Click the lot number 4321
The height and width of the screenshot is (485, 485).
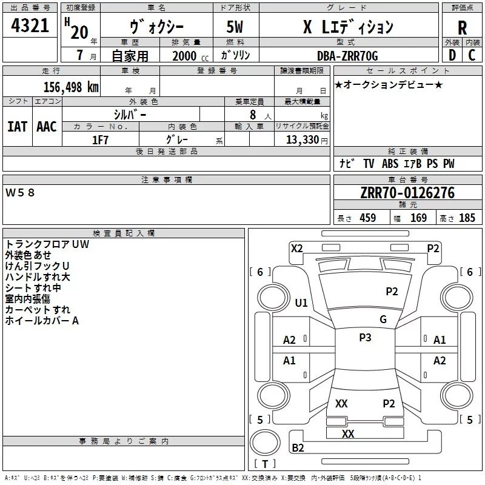click(30, 25)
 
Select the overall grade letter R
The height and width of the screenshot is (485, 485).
click(462, 28)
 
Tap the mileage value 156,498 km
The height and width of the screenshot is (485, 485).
click(71, 87)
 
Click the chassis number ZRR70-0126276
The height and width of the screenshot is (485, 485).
click(407, 193)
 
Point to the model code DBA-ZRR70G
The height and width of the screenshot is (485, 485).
click(347, 56)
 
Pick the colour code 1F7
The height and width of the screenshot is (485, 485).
click(100, 140)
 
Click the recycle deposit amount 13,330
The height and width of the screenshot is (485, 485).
click(302, 139)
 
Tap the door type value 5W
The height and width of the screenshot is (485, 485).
click(235, 27)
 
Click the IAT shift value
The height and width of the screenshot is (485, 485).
click(17, 127)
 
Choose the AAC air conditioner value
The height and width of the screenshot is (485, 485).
click(47, 127)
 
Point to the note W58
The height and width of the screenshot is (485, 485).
click(20, 193)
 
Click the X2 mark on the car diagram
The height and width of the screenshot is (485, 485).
click(296, 249)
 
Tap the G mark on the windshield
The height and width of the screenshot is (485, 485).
click(383, 319)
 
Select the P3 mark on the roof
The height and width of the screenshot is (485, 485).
click(365, 338)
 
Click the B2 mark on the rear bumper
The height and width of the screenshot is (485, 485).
click(298, 448)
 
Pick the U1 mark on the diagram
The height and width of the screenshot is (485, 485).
click(301, 303)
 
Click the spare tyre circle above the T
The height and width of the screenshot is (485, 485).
click(265, 443)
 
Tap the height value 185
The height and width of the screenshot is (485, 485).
click(467, 218)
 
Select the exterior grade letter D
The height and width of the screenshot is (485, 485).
click(452, 55)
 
